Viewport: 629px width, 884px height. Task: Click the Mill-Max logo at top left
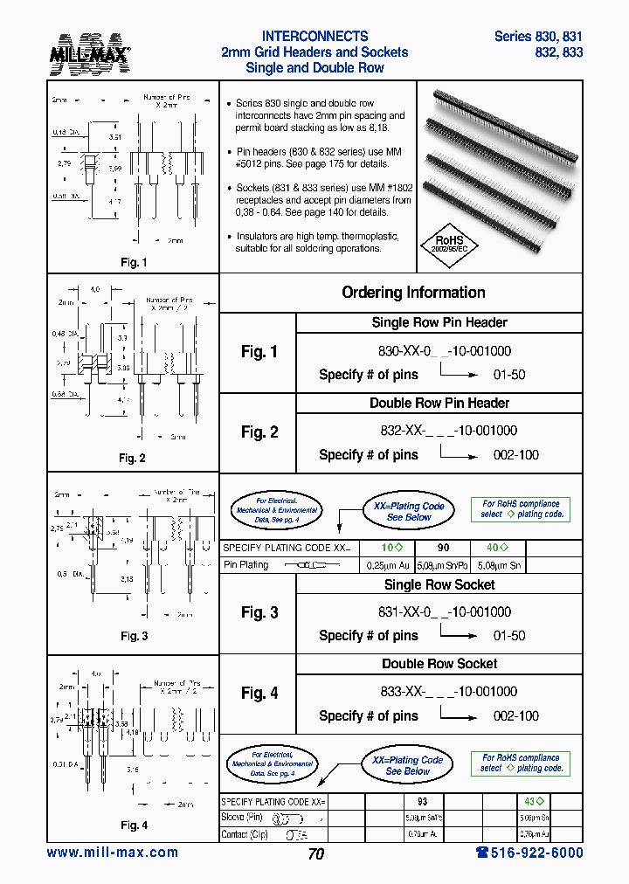(89, 53)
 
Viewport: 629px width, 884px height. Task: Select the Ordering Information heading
(413, 293)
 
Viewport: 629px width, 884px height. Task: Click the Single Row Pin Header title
(439, 322)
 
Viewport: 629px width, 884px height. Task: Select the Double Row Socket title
(439, 664)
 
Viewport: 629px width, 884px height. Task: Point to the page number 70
(315, 854)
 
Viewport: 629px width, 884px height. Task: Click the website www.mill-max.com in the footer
(112, 853)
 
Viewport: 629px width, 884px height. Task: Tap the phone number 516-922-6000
(529, 853)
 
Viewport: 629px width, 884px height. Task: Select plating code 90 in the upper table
(443, 548)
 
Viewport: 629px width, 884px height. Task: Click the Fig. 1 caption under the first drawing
(133, 262)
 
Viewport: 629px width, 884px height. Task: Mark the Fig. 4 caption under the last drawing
(133, 825)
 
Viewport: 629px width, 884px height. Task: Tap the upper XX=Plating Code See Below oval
(409, 512)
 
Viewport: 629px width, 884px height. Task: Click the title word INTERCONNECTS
(314, 36)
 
